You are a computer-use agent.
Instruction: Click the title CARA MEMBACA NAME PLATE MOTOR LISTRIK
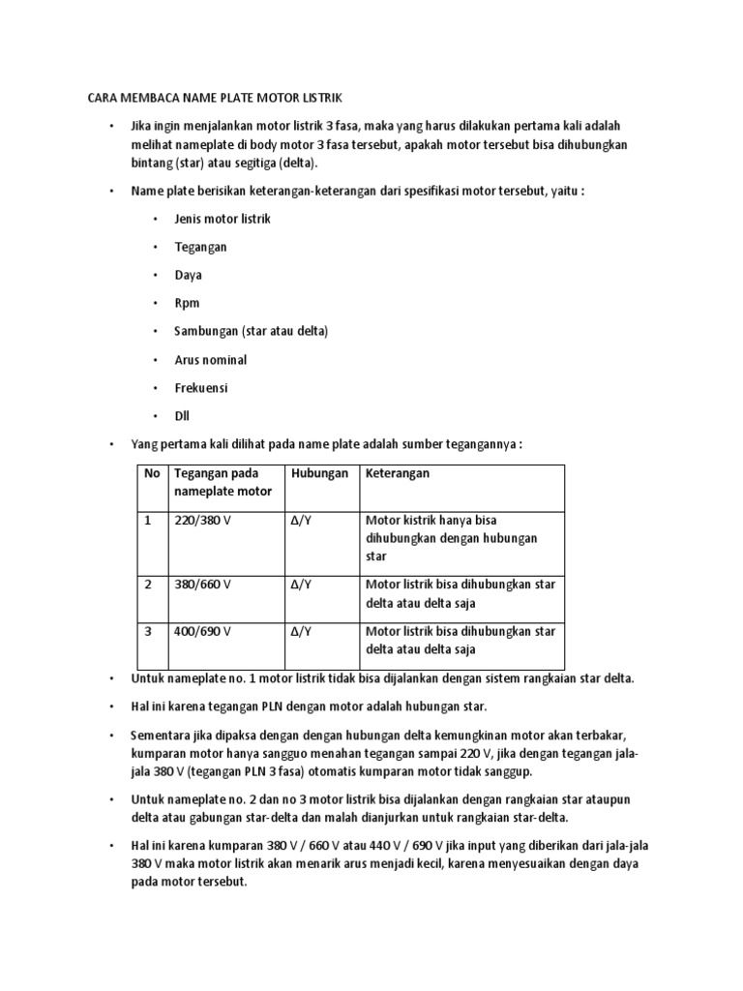215,98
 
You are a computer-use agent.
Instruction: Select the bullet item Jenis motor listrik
223,219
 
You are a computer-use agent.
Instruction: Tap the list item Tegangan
200,247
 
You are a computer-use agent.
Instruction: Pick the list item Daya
188,275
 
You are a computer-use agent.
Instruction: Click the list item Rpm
187,303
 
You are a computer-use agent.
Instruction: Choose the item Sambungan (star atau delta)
252,331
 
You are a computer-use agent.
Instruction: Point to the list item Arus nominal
210,360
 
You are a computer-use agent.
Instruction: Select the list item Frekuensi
202,388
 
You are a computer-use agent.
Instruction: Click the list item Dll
182,416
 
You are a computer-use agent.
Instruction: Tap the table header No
152,473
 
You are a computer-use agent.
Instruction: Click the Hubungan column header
318,473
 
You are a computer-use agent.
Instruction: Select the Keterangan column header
398,473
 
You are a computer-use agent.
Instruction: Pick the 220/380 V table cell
202,520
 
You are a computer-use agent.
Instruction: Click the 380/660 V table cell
202,585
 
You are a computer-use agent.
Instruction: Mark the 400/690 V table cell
202,631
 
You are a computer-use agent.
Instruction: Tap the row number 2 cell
149,585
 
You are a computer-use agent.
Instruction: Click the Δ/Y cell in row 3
301,631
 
